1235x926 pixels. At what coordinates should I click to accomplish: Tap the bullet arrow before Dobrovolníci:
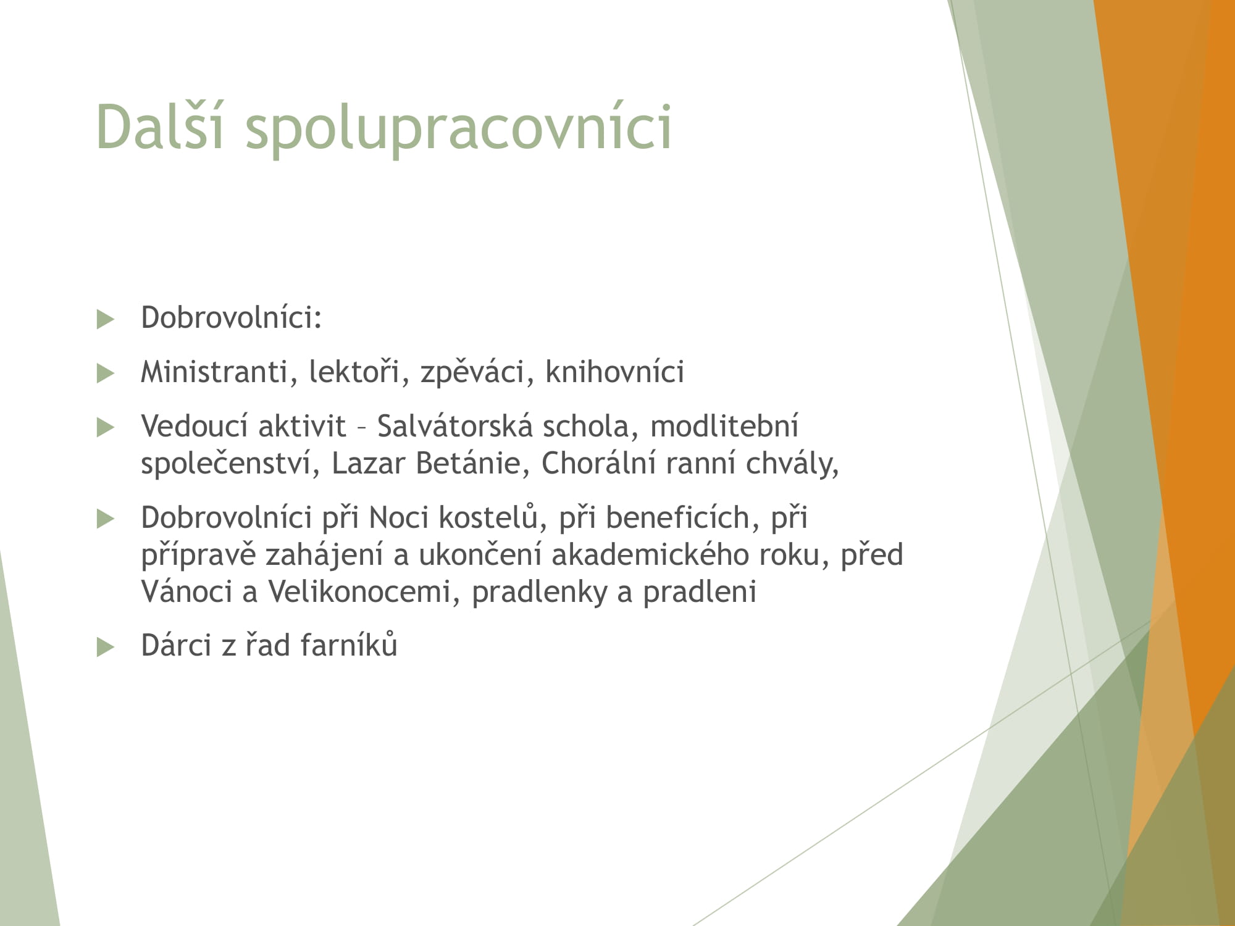coord(106,320)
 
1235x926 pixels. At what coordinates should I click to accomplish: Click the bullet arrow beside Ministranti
coord(106,373)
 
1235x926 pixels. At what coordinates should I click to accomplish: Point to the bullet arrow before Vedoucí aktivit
coord(106,428)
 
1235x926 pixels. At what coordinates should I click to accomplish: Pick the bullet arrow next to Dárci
coord(106,647)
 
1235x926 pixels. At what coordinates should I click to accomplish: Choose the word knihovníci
coord(614,371)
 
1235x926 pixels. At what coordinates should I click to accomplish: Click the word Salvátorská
coord(455,425)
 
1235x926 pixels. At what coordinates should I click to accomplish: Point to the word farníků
coord(349,644)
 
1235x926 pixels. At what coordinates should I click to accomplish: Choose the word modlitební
coord(724,425)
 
